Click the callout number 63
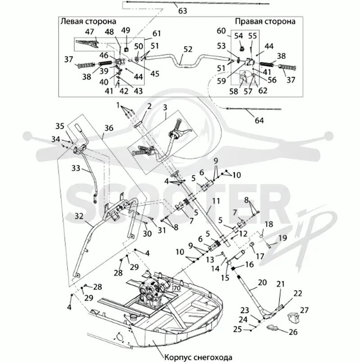coord(183,11)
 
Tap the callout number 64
coord(259,120)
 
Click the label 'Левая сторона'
coord(88,22)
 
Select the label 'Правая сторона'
coord(265,22)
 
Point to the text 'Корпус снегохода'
coord(198,358)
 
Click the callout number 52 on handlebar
coord(188,49)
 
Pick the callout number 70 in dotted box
coord(177,288)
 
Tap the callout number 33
coord(76,168)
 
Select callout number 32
coord(79,216)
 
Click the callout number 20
coord(262,282)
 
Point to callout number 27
coord(304,310)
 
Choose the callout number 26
coord(293,332)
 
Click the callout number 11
coord(216,201)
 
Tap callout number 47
coord(90,31)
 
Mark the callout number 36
coord(108,128)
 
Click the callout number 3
coord(165,107)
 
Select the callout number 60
coord(221,31)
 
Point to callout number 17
coord(260,256)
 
